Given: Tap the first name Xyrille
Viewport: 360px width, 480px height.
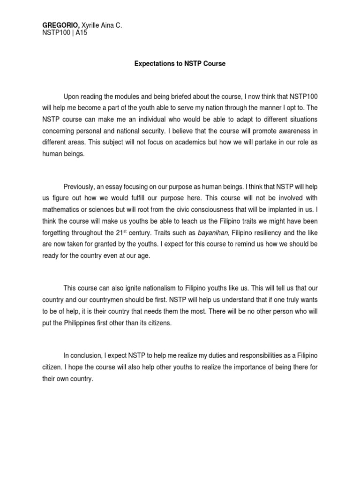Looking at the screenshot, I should (x=91, y=25).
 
